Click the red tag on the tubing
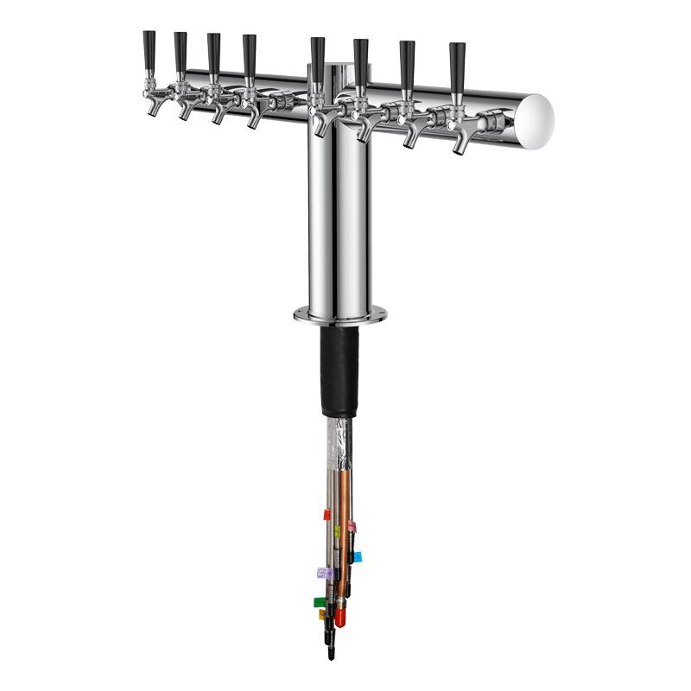tap(327, 514)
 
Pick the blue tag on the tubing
tap(358, 557)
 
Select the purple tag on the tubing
tap(324, 572)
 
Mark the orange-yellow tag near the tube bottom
tap(322, 615)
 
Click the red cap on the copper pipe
tap(341, 618)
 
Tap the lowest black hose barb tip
tap(331, 653)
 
